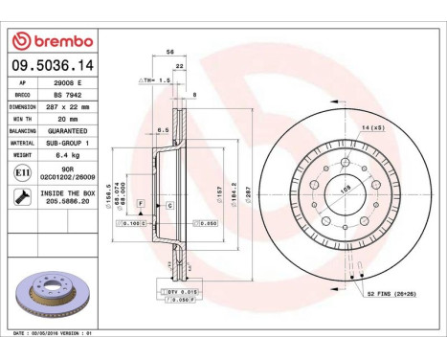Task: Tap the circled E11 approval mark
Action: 22,172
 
